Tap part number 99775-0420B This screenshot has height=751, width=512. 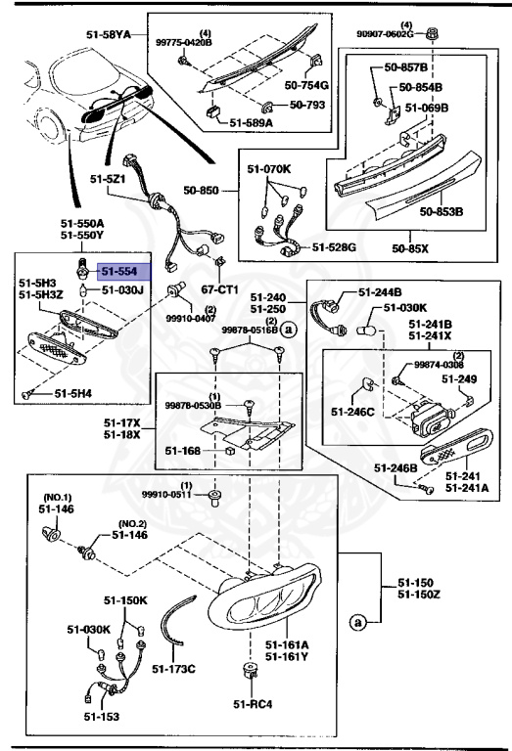[x=185, y=44]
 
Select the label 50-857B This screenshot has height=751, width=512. [x=405, y=69]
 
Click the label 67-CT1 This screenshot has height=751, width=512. [x=219, y=289]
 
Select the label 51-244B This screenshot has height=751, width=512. [x=380, y=291]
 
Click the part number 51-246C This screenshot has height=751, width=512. [x=352, y=412]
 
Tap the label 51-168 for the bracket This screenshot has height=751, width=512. [x=183, y=451]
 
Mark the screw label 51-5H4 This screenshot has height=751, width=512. [x=72, y=393]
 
